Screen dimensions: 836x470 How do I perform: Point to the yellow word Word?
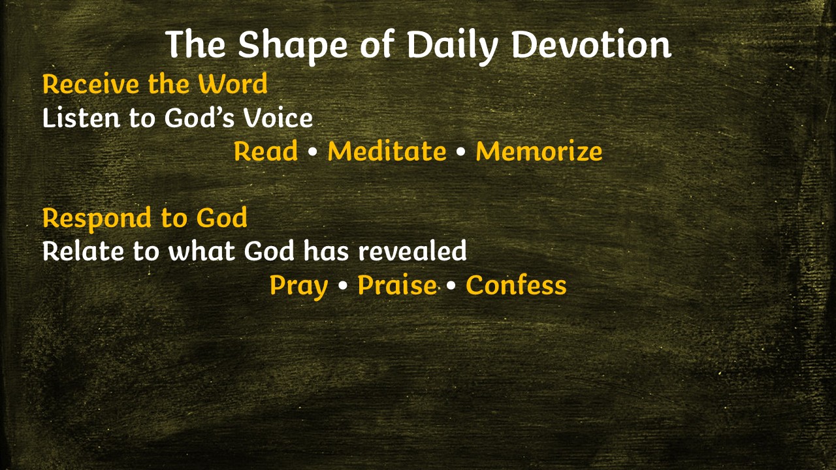click(233, 84)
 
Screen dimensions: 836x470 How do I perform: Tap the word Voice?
click(278, 117)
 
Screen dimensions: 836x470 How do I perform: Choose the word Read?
click(266, 151)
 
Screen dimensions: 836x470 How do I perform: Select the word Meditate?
click(387, 151)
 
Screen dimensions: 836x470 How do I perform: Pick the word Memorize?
click(539, 151)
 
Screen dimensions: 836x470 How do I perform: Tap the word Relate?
click(83, 251)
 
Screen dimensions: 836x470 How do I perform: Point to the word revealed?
click(412, 251)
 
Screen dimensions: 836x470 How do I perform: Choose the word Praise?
click(397, 285)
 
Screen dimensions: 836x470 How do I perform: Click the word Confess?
click(516, 285)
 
